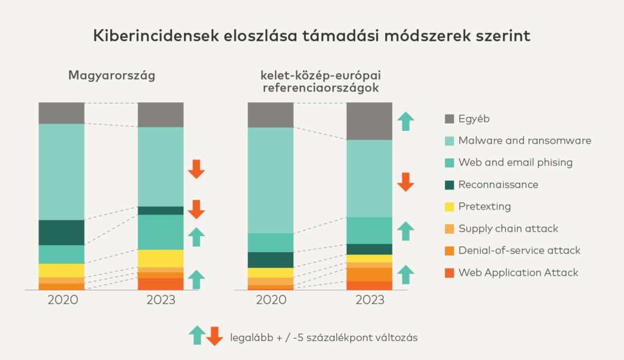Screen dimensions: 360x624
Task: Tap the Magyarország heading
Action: click(112, 76)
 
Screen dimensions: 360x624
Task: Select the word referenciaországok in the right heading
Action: click(321, 89)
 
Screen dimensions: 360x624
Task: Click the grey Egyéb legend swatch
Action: click(450, 119)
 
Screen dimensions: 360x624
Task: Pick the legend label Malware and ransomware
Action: click(525, 141)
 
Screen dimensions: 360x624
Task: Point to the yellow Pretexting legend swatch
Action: click(450, 206)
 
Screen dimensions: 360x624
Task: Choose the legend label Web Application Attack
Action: click(519, 272)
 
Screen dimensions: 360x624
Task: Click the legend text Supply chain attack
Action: click(508, 228)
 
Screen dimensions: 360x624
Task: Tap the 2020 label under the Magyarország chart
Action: click(62, 300)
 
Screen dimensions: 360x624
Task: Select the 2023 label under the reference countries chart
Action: click(369, 300)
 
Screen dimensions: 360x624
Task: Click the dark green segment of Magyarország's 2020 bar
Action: click(62, 232)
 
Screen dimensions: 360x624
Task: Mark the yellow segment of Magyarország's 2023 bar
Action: click(160, 258)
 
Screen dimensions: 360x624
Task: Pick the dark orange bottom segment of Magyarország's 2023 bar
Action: click(160, 284)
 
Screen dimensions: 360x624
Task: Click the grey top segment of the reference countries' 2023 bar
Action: click(369, 121)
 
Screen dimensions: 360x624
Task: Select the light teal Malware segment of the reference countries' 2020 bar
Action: click(271, 180)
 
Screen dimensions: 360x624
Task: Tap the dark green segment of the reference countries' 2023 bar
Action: click(369, 249)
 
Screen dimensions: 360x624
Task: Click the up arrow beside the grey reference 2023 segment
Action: click(405, 121)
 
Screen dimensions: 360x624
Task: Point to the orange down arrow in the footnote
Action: click(214, 336)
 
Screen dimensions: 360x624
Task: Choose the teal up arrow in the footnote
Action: click(197, 335)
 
